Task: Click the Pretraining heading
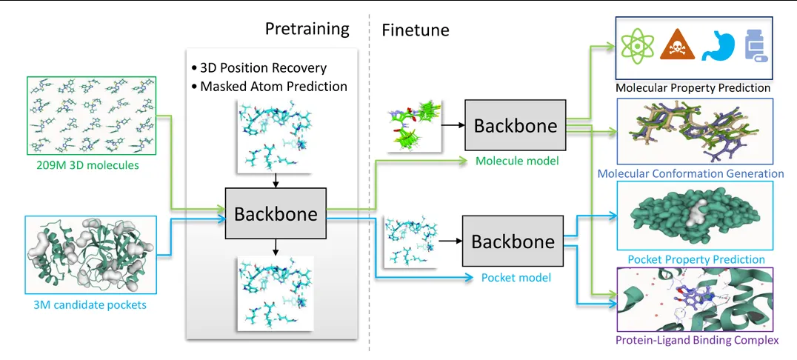(307, 30)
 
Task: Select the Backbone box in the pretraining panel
(276, 214)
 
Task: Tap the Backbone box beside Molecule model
(515, 126)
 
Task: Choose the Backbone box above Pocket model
(513, 241)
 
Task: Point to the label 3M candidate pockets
(90, 304)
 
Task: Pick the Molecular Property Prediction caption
(693, 87)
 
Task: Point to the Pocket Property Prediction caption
(696, 259)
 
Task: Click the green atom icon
(636, 45)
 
